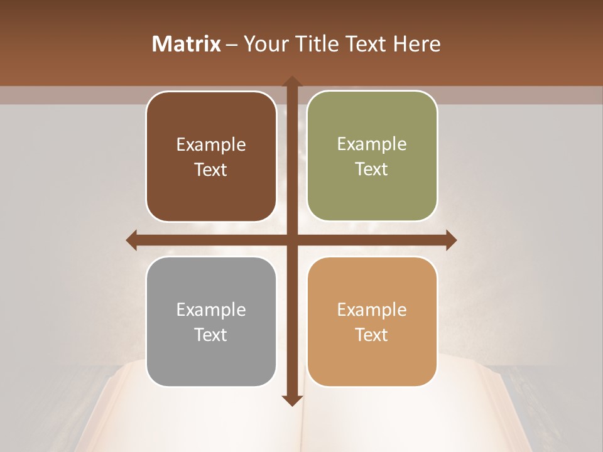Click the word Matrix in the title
pos(187,44)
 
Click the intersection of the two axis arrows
pos(291,240)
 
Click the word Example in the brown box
pos(211,145)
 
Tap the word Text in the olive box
pos(372,169)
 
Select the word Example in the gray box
pos(211,310)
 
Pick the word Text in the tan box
pos(372,335)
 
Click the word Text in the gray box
pos(211,335)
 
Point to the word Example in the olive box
pos(372,144)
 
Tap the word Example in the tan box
pos(372,310)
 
